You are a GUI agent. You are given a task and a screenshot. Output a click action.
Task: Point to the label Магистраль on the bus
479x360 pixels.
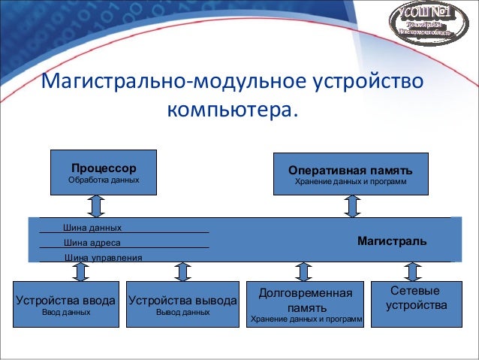(392, 241)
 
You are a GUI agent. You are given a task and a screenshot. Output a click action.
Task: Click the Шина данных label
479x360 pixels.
(92, 227)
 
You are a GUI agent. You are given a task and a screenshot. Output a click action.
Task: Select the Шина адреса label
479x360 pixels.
(92, 243)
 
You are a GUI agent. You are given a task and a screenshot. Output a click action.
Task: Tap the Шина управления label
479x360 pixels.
(103, 258)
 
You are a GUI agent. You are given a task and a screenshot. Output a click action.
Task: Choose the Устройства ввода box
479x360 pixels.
(65, 304)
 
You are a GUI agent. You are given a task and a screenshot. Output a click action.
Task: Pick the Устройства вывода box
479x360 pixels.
(182, 304)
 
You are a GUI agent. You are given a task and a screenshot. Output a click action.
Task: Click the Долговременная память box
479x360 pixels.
(305, 304)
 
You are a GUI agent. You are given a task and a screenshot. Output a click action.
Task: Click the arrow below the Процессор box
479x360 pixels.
(96, 205)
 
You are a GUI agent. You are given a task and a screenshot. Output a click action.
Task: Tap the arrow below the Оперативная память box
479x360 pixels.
(351, 205)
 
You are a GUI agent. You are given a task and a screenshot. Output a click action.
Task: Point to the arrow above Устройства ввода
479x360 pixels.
(65, 271)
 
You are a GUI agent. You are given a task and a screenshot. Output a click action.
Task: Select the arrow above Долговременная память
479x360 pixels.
(304, 271)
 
